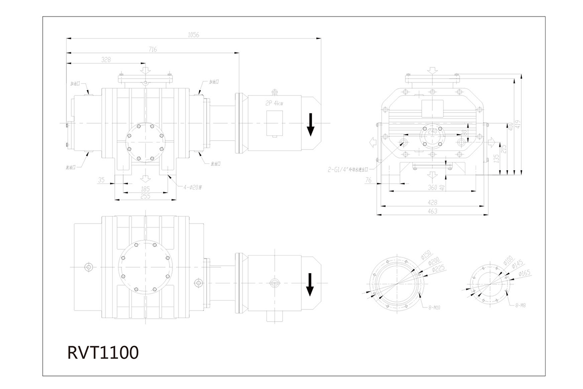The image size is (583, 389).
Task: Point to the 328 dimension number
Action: click(x=106, y=60)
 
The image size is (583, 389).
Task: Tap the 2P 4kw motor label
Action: click(x=275, y=103)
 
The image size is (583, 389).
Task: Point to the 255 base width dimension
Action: click(x=145, y=196)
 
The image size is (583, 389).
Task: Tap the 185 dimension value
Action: click(x=145, y=188)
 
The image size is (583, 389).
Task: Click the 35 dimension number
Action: click(x=101, y=180)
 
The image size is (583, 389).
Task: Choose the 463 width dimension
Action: click(x=432, y=211)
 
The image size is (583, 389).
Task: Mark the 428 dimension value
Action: click(x=432, y=202)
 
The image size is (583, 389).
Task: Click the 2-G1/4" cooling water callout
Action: click(x=348, y=170)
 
